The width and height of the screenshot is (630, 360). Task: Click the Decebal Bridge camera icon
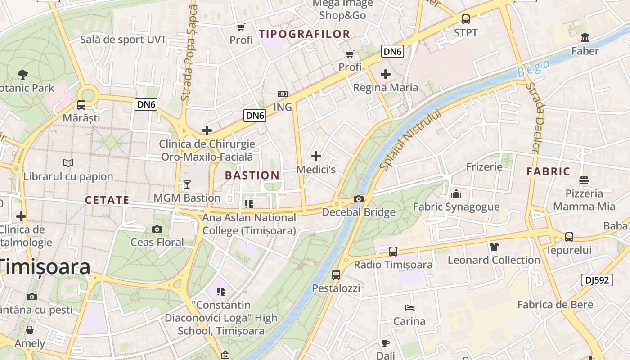(x=359, y=199)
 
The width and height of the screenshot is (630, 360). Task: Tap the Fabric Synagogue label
(x=456, y=207)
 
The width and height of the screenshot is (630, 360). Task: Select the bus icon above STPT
(x=466, y=19)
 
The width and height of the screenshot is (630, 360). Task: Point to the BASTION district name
(x=252, y=175)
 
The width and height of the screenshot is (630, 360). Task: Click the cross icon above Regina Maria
(x=386, y=74)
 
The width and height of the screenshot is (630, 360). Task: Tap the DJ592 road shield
(x=597, y=280)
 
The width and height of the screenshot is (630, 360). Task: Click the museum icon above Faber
(x=585, y=37)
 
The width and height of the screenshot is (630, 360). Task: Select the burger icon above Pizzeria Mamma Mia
(x=584, y=180)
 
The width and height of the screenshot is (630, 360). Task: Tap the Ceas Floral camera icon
(x=157, y=229)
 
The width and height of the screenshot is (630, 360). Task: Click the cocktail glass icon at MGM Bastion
(x=187, y=184)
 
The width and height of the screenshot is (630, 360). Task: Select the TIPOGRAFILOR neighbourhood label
(x=305, y=34)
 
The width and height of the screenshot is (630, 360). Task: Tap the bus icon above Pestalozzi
(x=336, y=274)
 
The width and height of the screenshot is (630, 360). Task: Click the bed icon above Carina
(x=409, y=308)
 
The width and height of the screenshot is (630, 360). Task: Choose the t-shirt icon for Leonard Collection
(x=494, y=246)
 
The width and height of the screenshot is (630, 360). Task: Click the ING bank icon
(x=283, y=94)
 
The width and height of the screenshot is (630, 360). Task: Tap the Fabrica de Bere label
(x=555, y=305)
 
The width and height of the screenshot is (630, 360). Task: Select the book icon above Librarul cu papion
(x=68, y=163)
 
